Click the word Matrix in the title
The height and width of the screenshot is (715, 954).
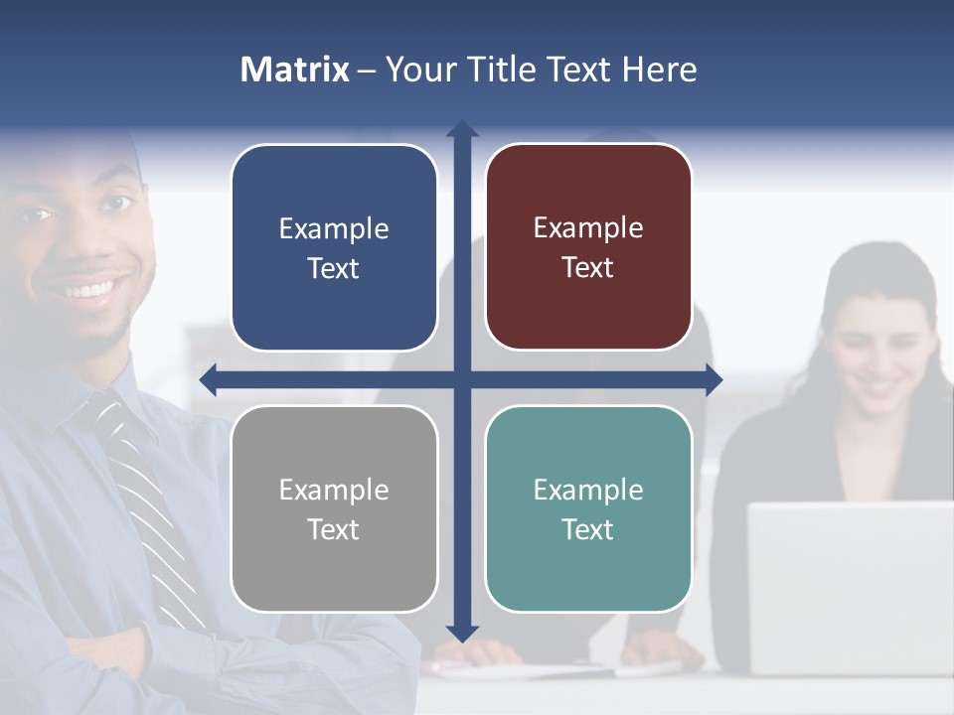tap(294, 70)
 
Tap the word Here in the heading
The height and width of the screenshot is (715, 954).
tap(659, 70)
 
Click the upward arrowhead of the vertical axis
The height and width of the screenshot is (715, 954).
tap(461, 129)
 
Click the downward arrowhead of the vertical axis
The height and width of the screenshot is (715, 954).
tap(461, 633)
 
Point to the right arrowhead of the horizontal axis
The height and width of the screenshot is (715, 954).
tap(714, 379)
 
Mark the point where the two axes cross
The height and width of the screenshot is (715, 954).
tap(461, 379)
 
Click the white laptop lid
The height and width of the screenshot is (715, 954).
tap(850, 586)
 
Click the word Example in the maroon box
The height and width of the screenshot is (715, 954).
tap(588, 228)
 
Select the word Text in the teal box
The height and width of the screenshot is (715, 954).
tap(588, 529)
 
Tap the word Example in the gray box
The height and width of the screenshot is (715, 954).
tap(334, 490)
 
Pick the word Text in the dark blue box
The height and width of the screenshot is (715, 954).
tap(334, 268)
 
